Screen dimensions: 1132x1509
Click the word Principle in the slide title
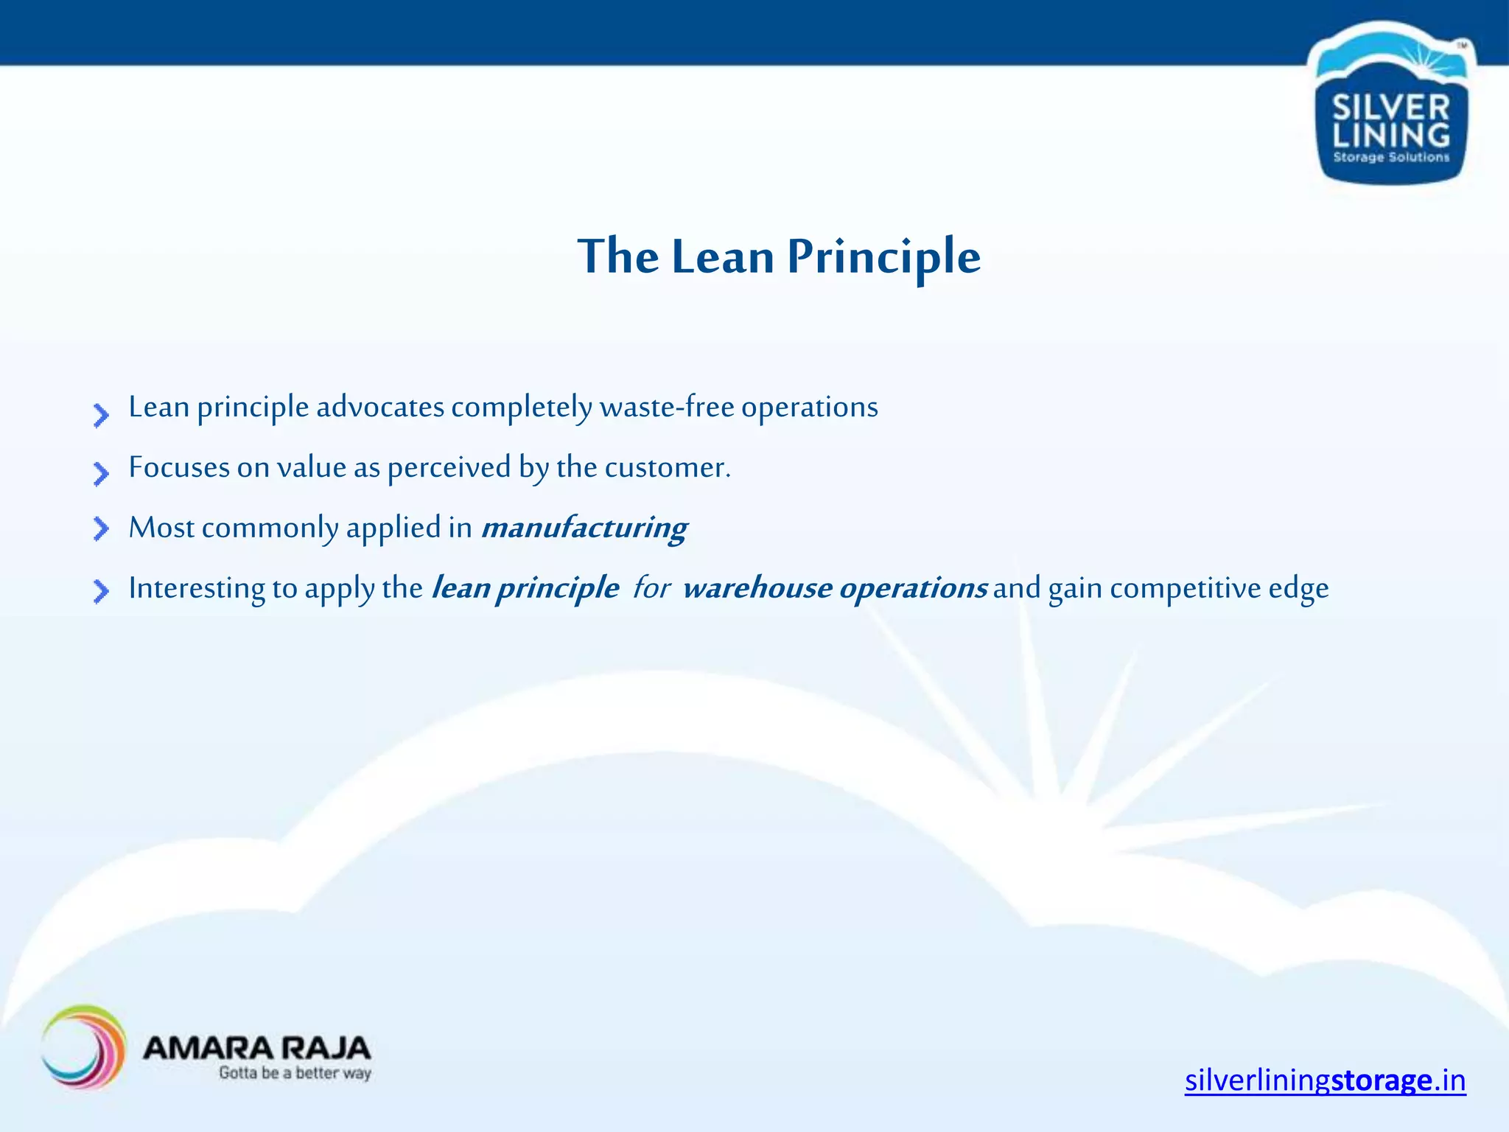tap(883, 257)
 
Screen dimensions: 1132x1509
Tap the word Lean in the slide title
tap(723, 257)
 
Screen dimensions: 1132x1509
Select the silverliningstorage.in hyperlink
tap(1325, 1080)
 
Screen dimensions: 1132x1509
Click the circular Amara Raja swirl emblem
tap(83, 1047)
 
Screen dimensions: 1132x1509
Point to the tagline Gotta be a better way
tap(295, 1073)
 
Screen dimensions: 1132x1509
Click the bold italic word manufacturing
tap(584, 528)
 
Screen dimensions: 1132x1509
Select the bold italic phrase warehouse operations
tap(835, 588)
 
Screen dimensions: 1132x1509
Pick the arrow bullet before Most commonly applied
tap(101, 528)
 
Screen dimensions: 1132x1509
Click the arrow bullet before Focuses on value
tap(101, 473)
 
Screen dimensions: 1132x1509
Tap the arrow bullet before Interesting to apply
tap(101, 590)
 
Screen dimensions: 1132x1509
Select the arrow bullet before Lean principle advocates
tap(101, 415)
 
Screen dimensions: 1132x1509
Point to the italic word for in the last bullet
tap(651, 588)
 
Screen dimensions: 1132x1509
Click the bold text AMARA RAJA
tap(256, 1047)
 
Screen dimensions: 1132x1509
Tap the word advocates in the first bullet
tap(380, 407)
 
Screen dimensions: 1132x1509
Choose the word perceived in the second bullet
tap(449, 467)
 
